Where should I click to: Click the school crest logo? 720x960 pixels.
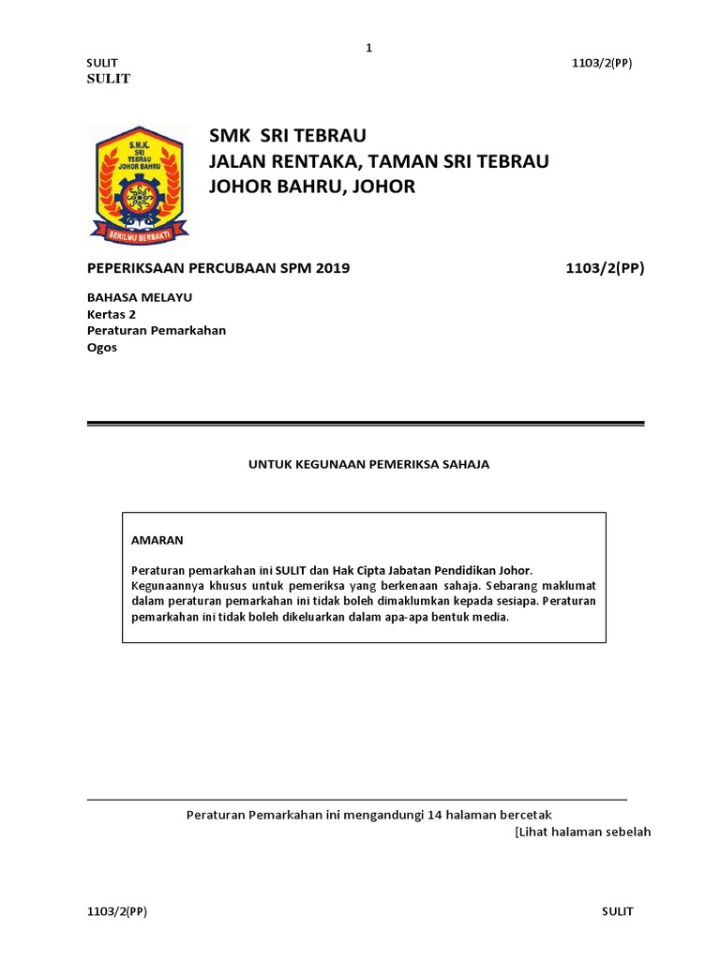(x=139, y=182)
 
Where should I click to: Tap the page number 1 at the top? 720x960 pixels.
(x=369, y=48)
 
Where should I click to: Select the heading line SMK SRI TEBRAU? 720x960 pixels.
(x=281, y=137)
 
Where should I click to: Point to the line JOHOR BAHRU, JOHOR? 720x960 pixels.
(x=311, y=187)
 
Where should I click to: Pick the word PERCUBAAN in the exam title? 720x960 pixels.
(x=239, y=268)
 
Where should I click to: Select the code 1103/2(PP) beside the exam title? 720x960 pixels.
(x=605, y=268)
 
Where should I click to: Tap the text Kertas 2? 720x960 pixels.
(x=112, y=314)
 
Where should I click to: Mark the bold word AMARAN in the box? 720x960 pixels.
(x=157, y=541)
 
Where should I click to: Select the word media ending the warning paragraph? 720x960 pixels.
(x=490, y=617)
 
